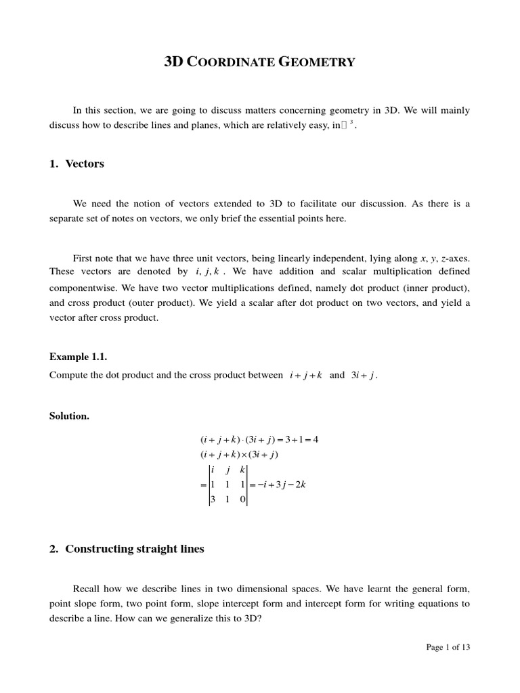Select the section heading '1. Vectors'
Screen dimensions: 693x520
coord(77,164)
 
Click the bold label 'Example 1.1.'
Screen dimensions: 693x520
coord(79,357)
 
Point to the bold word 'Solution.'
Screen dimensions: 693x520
coord(69,416)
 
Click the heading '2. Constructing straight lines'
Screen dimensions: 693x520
coord(127,549)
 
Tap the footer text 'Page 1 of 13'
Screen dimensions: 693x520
coord(448,647)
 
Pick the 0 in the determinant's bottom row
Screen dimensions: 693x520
coord(242,500)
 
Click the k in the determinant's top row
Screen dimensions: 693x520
coord(242,470)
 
